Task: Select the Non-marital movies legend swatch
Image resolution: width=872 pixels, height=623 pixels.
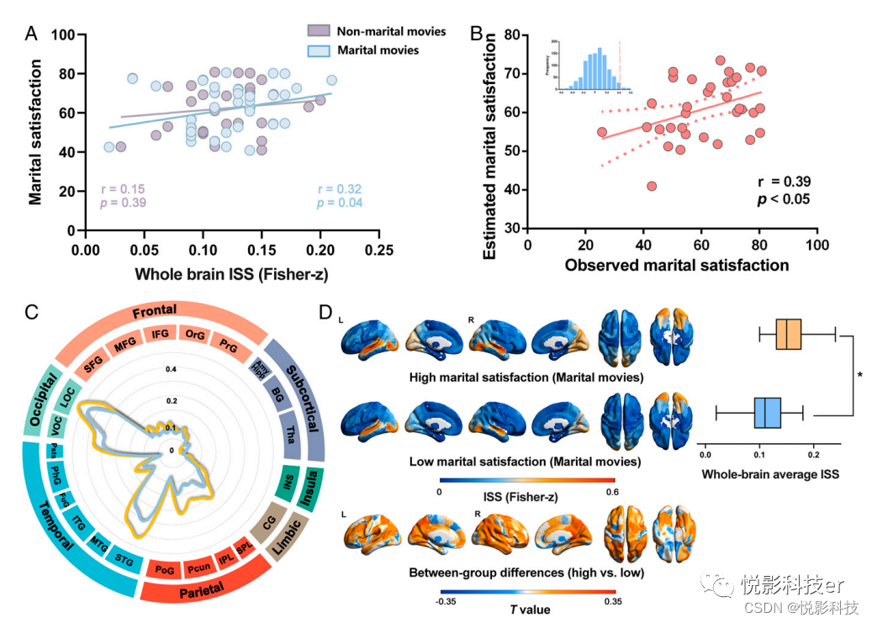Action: coord(318,31)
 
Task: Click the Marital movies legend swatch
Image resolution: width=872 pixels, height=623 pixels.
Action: coord(318,50)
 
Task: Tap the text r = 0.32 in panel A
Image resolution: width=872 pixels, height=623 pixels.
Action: coord(340,189)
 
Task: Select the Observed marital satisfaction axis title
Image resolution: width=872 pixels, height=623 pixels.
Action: coord(676,266)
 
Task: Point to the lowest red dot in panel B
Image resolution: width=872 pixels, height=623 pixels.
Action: coord(652,186)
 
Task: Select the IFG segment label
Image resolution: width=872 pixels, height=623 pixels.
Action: coord(160,335)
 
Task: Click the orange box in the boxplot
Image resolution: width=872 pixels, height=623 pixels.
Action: coord(789,334)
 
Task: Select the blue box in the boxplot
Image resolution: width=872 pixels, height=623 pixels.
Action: coord(768,414)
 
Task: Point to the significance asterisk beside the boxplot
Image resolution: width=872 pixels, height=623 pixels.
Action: coord(860,374)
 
